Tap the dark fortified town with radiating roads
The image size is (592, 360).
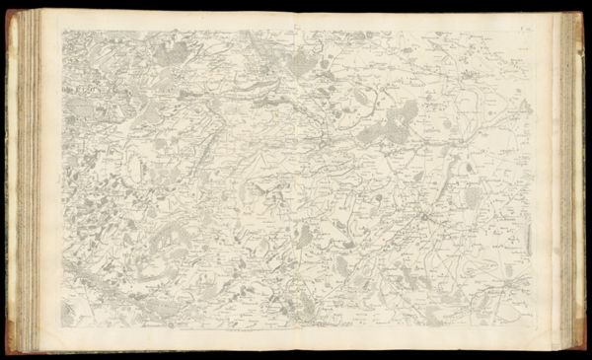(425, 215)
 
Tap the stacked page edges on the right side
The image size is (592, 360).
(569, 178)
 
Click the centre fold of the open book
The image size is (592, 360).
(296, 178)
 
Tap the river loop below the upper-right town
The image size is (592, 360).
(474, 99)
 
